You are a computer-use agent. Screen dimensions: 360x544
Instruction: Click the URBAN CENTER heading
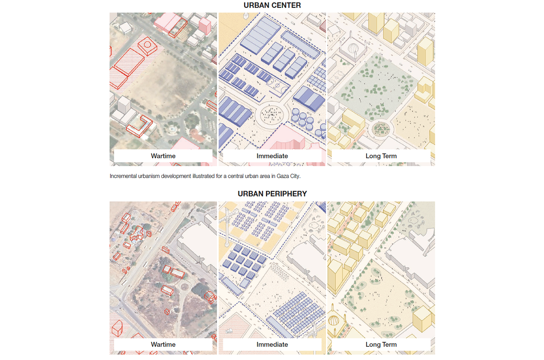click(x=272, y=5)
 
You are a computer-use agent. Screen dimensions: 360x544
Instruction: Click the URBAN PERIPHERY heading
click(x=272, y=194)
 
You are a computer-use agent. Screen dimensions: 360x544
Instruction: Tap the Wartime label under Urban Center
click(x=163, y=156)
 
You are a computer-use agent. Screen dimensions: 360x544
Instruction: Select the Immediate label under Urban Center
click(x=272, y=156)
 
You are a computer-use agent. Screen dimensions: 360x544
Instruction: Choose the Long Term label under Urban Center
click(x=381, y=156)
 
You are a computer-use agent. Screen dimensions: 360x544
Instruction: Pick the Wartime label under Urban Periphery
click(x=163, y=344)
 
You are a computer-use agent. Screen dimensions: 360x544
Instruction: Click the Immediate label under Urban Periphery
click(x=272, y=344)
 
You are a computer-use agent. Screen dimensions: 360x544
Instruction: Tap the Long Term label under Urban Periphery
click(x=381, y=344)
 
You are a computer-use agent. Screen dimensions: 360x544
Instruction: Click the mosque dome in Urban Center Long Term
click(x=352, y=49)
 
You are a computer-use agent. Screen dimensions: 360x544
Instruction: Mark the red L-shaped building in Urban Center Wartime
click(x=139, y=126)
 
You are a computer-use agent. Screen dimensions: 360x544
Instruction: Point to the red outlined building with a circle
click(x=148, y=46)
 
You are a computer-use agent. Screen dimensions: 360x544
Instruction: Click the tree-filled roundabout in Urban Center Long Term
click(x=380, y=129)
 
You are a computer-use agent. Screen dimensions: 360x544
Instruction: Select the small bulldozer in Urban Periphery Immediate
click(x=229, y=331)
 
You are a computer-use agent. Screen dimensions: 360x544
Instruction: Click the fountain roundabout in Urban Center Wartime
click(x=172, y=129)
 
